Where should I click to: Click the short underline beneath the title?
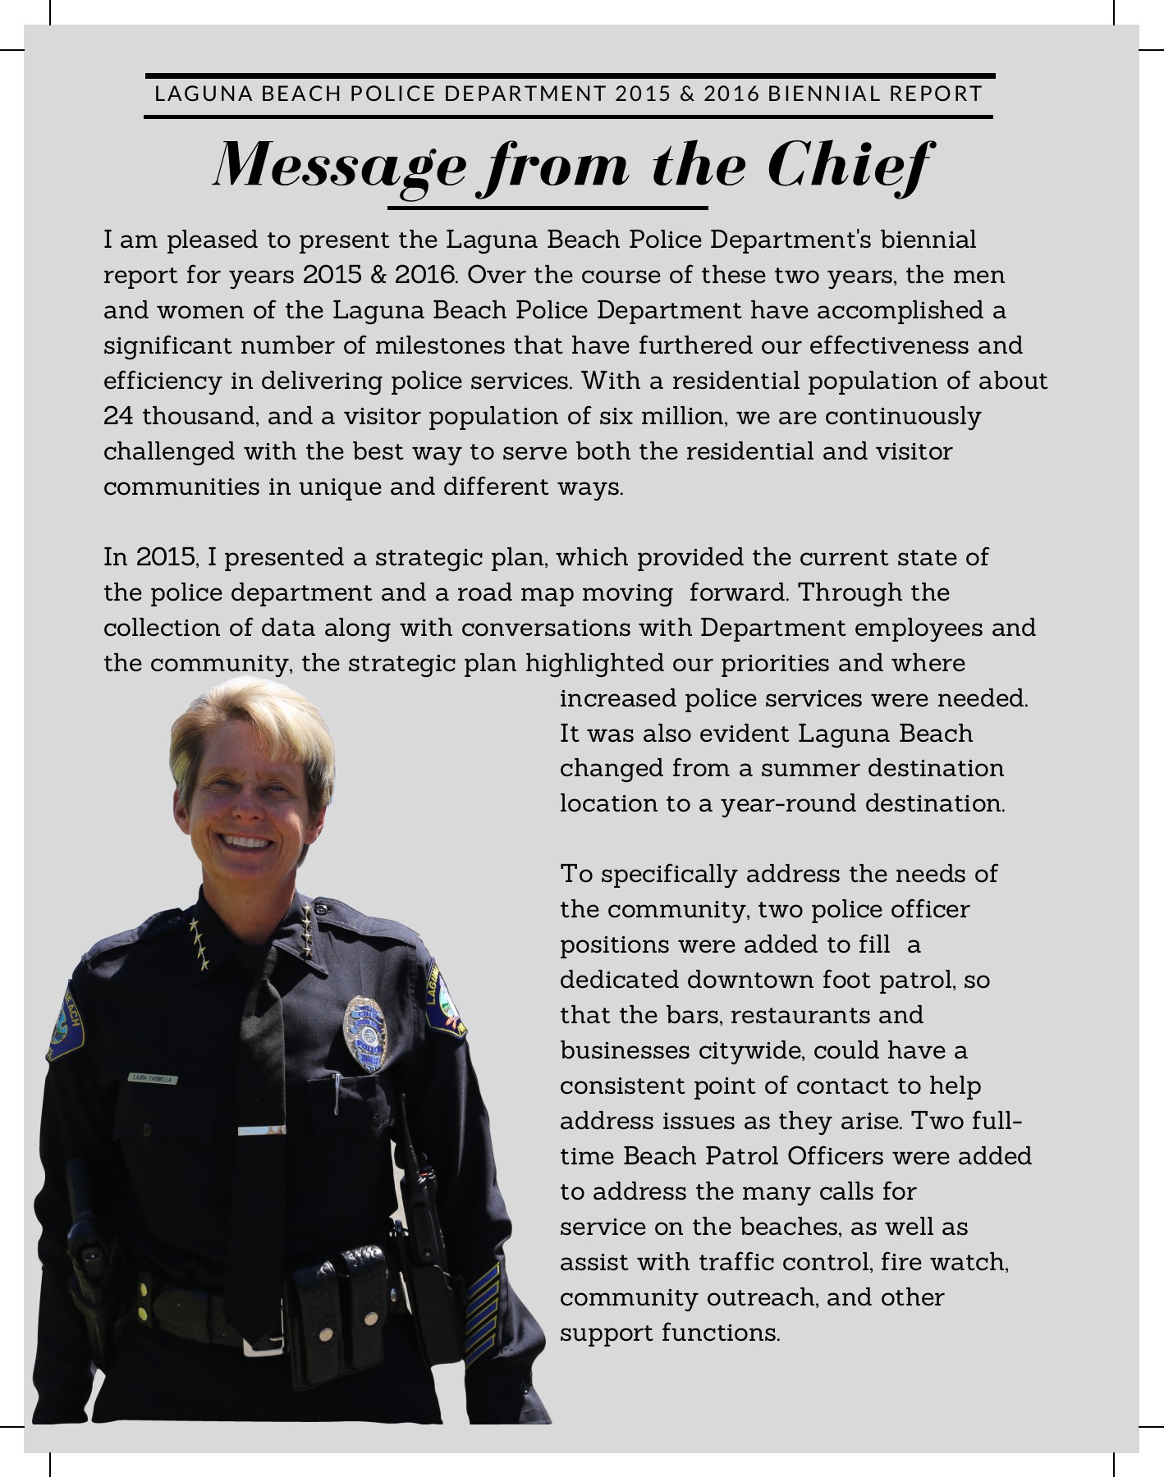[x=548, y=208]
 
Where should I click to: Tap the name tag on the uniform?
[x=152, y=1080]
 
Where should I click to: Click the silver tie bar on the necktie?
[x=261, y=1132]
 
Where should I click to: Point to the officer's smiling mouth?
[x=245, y=842]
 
